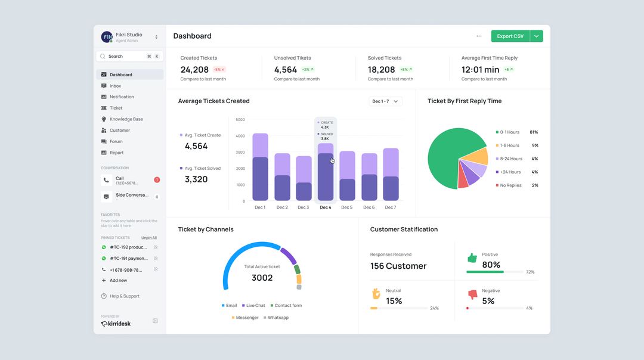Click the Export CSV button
click(510, 36)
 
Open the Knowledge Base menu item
click(126, 119)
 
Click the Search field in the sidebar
click(122, 56)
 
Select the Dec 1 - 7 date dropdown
click(385, 101)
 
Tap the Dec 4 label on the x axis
click(325, 207)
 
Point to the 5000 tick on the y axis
click(240, 120)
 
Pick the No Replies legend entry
click(510, 185)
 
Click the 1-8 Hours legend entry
click(509, 145)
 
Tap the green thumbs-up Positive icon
click(472, 258)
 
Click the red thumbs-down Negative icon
click(472, 294)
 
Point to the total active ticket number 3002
click(262, 278)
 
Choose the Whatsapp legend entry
click(277, 318)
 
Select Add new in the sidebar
click(118, 280)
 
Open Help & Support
click(124, 296)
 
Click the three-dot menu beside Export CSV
click(479, 36)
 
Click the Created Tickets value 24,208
click(194, 70)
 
